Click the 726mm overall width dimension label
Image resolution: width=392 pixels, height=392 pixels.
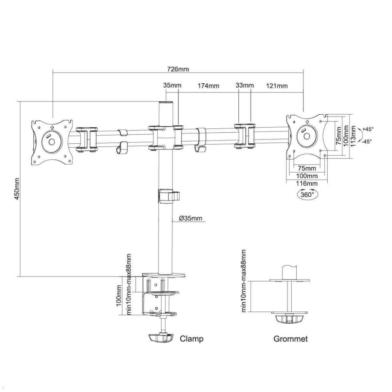point(178,69)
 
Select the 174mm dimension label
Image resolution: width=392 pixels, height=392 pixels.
point(208,86)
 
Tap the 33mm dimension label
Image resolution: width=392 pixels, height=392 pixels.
point(244,85)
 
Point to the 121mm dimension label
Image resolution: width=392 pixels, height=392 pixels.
point(277,86)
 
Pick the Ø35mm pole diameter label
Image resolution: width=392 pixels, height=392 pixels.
point(191,218)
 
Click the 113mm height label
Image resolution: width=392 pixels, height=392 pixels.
point(353,136)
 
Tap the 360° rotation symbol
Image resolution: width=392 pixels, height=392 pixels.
point(307,194)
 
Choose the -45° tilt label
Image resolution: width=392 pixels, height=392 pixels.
point(367,141)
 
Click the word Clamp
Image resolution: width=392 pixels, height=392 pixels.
point(191,338)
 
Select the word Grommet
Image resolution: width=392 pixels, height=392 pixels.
point(290,339)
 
